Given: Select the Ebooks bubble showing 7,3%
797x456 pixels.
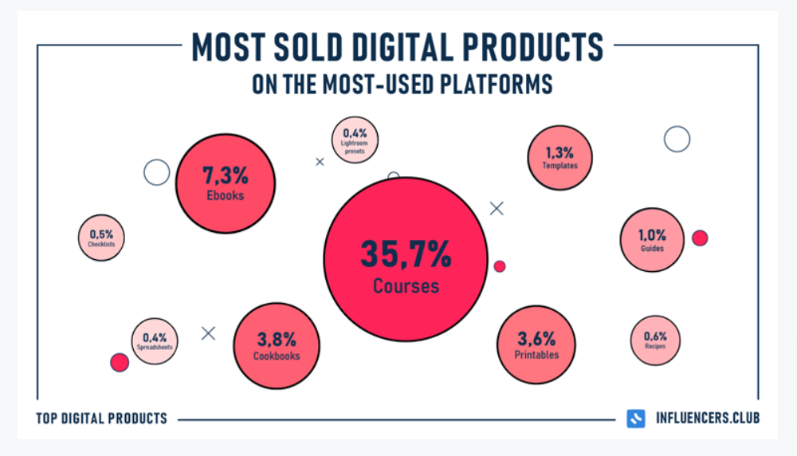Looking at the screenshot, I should (x=224, y=183).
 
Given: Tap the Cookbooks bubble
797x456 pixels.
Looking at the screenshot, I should (x=277, y=344).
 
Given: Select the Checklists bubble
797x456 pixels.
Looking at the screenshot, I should (x=101, y=238).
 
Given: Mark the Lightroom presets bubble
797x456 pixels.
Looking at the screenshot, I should (x=355, y=139).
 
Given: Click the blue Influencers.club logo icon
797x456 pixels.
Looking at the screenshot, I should (x=636, y=419).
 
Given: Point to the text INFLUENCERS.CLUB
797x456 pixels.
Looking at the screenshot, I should (x=706, y=419).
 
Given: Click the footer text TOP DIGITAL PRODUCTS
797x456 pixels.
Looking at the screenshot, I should (x=101, y=419).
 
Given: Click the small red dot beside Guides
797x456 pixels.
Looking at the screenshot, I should (x=700, y=238).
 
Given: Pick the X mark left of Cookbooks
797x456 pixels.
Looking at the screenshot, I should (x=209, y=333).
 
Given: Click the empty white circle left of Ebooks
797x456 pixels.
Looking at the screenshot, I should (x=156, y=172).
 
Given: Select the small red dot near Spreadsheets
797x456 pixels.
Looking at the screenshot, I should (x=120, y=363).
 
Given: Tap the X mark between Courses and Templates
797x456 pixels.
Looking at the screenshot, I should (x=497, y=209).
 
